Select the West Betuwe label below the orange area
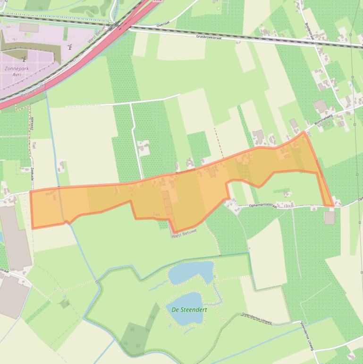click(x=185, y=233)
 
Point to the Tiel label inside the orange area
click(x=157, y=214)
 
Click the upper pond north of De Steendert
click(x=190, y=273)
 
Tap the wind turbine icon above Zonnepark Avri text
click(x=24, y=58)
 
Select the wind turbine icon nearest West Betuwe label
click(x=69, y=46)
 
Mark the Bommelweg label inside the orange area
click(x=185, y=174)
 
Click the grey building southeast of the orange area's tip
click(x=329, y=218)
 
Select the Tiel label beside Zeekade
click(x=34, y=145)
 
